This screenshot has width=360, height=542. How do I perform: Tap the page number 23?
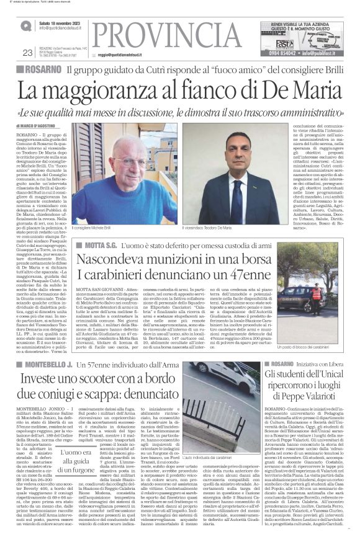click(x=27, y=52)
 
